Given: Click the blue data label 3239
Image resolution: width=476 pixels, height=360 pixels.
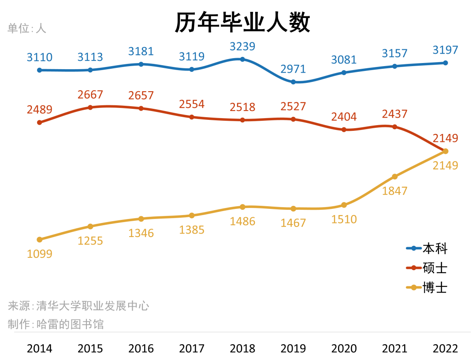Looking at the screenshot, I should point(242,46).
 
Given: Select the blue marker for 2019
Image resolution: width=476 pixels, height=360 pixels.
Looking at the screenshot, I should point(293,82).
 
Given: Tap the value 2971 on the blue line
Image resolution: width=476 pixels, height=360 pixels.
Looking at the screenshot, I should point(293,69).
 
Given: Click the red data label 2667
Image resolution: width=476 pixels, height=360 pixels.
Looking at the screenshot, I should point(90,95).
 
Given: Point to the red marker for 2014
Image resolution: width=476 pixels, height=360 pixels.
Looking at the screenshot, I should point(40,122).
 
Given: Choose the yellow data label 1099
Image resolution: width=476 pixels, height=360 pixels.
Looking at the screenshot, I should point(40,254).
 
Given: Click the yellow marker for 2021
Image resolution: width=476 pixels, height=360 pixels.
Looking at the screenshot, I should point(395,177).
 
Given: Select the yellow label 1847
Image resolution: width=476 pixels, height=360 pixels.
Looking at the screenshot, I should point(395,191).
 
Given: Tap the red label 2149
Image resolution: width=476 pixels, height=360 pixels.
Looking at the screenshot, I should point(446,138).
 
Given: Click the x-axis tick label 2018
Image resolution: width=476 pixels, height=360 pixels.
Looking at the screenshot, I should point(242,349).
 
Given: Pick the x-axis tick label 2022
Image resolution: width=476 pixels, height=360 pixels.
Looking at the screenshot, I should point(446,349).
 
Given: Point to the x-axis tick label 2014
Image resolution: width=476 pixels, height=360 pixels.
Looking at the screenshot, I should point(40,349).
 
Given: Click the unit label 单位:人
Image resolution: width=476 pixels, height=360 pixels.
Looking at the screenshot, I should point(27,28).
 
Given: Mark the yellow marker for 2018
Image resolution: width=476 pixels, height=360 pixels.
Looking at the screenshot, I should point(242,207).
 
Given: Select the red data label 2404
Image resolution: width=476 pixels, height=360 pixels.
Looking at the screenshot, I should point(344,117).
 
